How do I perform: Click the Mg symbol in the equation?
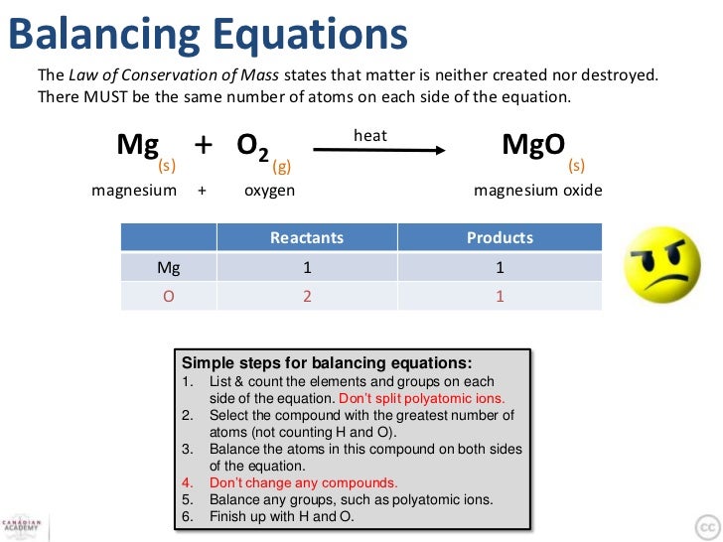pyautogui.click(x=137, y=145)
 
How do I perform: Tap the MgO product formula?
pyautogui.click(x=533, y=145)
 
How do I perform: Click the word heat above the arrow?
pyautogui.click(x=369, y=135)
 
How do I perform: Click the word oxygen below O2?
pyautogui.click(x=269, y=191)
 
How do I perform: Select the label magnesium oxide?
pyautogui.click(x=537, y=191)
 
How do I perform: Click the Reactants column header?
pyautogui.click(x=306, y=238)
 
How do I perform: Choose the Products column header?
pyautogui.click(x=500, y=238)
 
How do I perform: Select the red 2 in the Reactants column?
pyautogui.click(x=307, y=296)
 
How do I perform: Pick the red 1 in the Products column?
pyautogui.click(x=500, y=296)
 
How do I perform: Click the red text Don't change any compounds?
pyautogui.click(x=303, y=483)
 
